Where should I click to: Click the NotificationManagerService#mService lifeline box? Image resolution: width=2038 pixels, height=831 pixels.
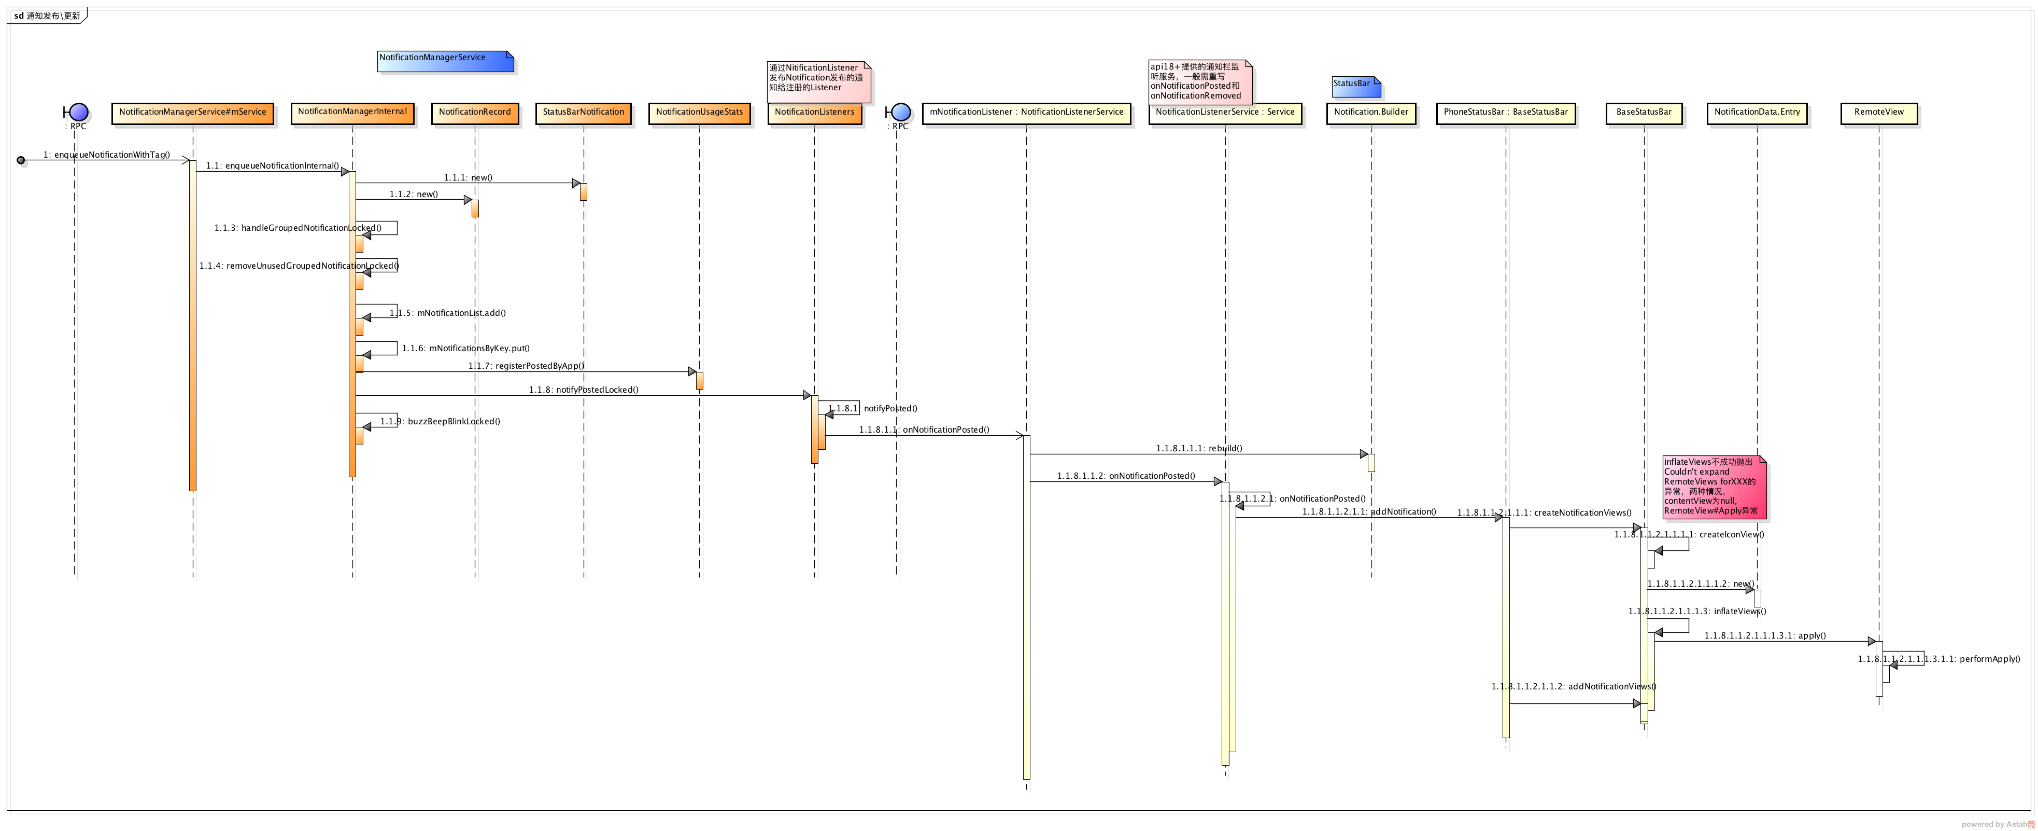point(193,113)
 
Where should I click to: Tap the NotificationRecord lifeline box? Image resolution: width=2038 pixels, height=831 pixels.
point(475,113)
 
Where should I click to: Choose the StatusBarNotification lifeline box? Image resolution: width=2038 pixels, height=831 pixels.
point(583,113)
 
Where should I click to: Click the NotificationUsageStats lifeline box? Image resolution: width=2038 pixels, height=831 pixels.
point(699,113)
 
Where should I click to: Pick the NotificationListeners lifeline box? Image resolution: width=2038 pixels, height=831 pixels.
point(814,113)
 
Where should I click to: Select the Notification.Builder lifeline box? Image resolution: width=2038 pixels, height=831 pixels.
point(1371,113)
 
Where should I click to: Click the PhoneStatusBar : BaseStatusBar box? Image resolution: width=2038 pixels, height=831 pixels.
point(1506,113)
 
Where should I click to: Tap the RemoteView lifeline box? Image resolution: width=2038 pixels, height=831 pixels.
point(1879,113)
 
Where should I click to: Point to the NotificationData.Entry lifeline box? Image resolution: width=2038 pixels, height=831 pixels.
point(1757,113)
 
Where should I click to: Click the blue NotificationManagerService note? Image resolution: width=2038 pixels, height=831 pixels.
point(445,61)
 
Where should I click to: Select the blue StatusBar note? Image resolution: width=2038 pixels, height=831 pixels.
point(1356,86)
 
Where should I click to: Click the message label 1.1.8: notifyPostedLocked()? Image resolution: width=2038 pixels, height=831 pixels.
point(584,390)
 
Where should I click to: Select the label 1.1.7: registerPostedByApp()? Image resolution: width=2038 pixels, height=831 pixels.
point(526,366)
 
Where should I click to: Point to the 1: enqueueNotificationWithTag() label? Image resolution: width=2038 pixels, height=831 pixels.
point(107,155)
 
